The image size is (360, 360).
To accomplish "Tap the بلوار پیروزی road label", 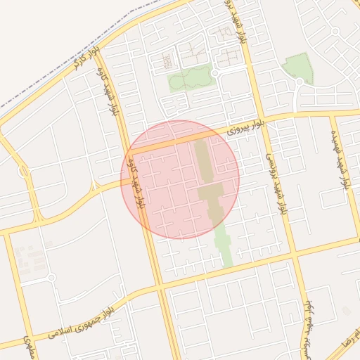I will coord(246,127).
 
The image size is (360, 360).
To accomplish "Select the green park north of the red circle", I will coord(188,78).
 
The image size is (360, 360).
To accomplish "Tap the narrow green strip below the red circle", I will coord(224,243).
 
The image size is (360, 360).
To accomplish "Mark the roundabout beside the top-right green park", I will coord(299,83).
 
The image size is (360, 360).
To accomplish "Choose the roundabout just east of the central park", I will coord(215,72).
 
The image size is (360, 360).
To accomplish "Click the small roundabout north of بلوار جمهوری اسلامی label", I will coord(51,278).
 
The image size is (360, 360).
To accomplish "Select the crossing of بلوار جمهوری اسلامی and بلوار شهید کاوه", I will coord(159,287).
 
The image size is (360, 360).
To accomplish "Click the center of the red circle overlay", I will coord(181,179).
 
